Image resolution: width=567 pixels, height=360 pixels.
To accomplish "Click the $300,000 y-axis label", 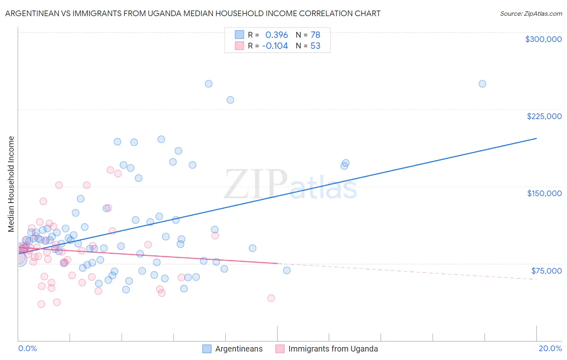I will click(x=543, y=39).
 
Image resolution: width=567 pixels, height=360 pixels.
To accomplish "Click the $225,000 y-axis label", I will click(x=544, y=116).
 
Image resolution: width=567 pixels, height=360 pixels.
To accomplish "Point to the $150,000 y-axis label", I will click(x=544, y=193).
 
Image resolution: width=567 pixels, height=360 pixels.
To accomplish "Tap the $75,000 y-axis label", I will click(x=546, y=270).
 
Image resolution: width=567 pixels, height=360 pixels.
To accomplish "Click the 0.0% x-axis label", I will click(x=27, y=348).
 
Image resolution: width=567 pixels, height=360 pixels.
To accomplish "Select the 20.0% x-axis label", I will click(x=550, y=348).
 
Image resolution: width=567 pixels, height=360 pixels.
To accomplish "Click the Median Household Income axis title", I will click(x=11, y=184).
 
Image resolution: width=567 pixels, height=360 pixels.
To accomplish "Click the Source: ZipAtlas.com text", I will click(x=531, y=13).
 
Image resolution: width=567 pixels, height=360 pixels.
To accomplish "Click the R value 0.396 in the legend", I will click(x=277, y=35).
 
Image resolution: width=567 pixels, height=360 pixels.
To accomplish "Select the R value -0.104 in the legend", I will click(x=275, y=46).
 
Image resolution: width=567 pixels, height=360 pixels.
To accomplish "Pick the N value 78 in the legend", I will click(x=315, y=35).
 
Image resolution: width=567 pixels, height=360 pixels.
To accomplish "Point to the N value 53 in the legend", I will click(x=315, y=46).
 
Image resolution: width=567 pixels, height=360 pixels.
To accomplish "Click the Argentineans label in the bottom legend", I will click(x=239, y=349).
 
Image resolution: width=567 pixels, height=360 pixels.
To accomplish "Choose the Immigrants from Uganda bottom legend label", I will click(x=333, y=349).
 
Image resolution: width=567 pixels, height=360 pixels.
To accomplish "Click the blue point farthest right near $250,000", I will click(x=482, y=84).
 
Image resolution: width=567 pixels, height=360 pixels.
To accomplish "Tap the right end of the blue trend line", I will click(x=536, y=138).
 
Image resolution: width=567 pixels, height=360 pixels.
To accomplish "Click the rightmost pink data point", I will click(x=271, y=298).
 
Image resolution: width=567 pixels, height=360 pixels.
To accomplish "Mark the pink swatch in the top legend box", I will click(x=240, y=46).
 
